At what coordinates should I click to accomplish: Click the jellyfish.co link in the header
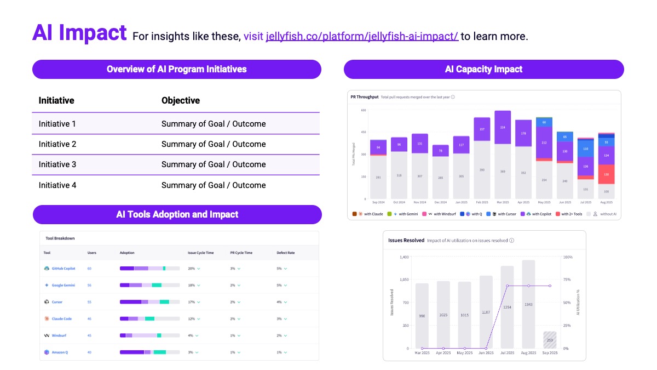tap(362, 37)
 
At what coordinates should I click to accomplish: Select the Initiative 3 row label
tap(57, 164)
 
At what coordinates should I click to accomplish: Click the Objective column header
tap(181, 100)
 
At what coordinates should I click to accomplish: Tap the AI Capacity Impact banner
tap(483, 70)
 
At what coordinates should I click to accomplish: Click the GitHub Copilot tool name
tap(63, 269)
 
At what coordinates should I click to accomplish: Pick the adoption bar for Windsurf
tap(149, 335)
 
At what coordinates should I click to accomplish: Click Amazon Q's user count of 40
tap(89, 352)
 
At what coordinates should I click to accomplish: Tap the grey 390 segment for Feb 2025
tap(482, 170)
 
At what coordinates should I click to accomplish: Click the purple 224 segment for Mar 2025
tap(503, 127)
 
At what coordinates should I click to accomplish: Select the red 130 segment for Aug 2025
tap(606, 174)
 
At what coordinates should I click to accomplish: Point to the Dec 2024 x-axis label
tap(440, 202)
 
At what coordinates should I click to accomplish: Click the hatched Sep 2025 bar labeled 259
tap(550, 340)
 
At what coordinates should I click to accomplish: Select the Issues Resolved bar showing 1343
tap(528, 304)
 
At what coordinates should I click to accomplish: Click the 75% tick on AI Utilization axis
tap(568, 280)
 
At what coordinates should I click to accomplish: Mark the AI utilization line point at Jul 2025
tap(508, 286)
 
